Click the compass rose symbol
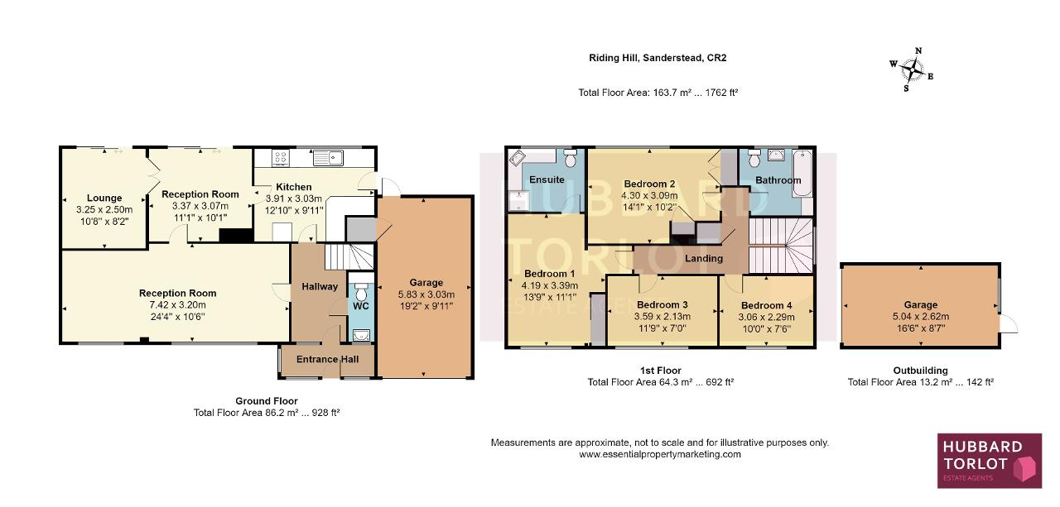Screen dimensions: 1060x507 click(x=912, y=70)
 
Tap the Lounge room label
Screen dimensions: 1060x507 click(x=104, y=198)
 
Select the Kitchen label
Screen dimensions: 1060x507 click(x=293, y=187)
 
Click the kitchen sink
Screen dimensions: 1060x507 click(x=328, y=158)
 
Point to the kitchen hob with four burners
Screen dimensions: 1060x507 click(x=281, y=158)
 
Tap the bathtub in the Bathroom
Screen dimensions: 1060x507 click(x=802, y=174)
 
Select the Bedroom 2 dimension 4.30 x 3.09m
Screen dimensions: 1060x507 click(x=649, y=196)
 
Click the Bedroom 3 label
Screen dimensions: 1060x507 click(x=662, y=304)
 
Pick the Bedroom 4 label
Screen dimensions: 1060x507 click(x=766, y=305)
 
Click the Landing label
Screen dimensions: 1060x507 click(x=704, y=258)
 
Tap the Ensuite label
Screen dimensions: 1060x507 click(x=547, y=179)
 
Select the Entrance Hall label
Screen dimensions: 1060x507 click(x=327, y=359)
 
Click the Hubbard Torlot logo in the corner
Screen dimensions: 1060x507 click(x=990, y=460)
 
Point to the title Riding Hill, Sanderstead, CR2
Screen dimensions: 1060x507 click(x=658, y=58)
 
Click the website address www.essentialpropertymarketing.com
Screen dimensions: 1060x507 click(x=660, y=455)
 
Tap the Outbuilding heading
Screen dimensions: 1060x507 click(x=920, y=371)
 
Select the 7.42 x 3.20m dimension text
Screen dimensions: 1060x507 click(x=177, y=304)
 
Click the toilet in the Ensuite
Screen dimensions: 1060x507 click(x=571, y=159)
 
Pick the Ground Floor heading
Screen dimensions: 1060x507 click(x=267, y=401)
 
